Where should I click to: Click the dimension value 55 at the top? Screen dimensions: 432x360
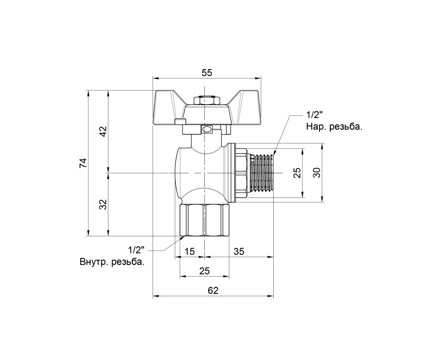(x=207, y=73)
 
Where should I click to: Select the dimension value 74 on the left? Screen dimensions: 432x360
(x=83, y=163)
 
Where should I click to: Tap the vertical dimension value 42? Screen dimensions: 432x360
(x=103, y=131)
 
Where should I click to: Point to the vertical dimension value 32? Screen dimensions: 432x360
(x=103, y=204)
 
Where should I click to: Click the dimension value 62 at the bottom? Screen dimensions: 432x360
(x=213, y=291)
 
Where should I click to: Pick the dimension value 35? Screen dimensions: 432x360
(x=239, y=251)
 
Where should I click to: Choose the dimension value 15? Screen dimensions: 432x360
(x=189, y=251)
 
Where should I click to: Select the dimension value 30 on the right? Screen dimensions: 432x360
(x=317, y=172)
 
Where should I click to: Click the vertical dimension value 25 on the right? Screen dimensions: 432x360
(x=297, y=172)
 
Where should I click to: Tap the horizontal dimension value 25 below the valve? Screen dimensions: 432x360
(x=204, y=271)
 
